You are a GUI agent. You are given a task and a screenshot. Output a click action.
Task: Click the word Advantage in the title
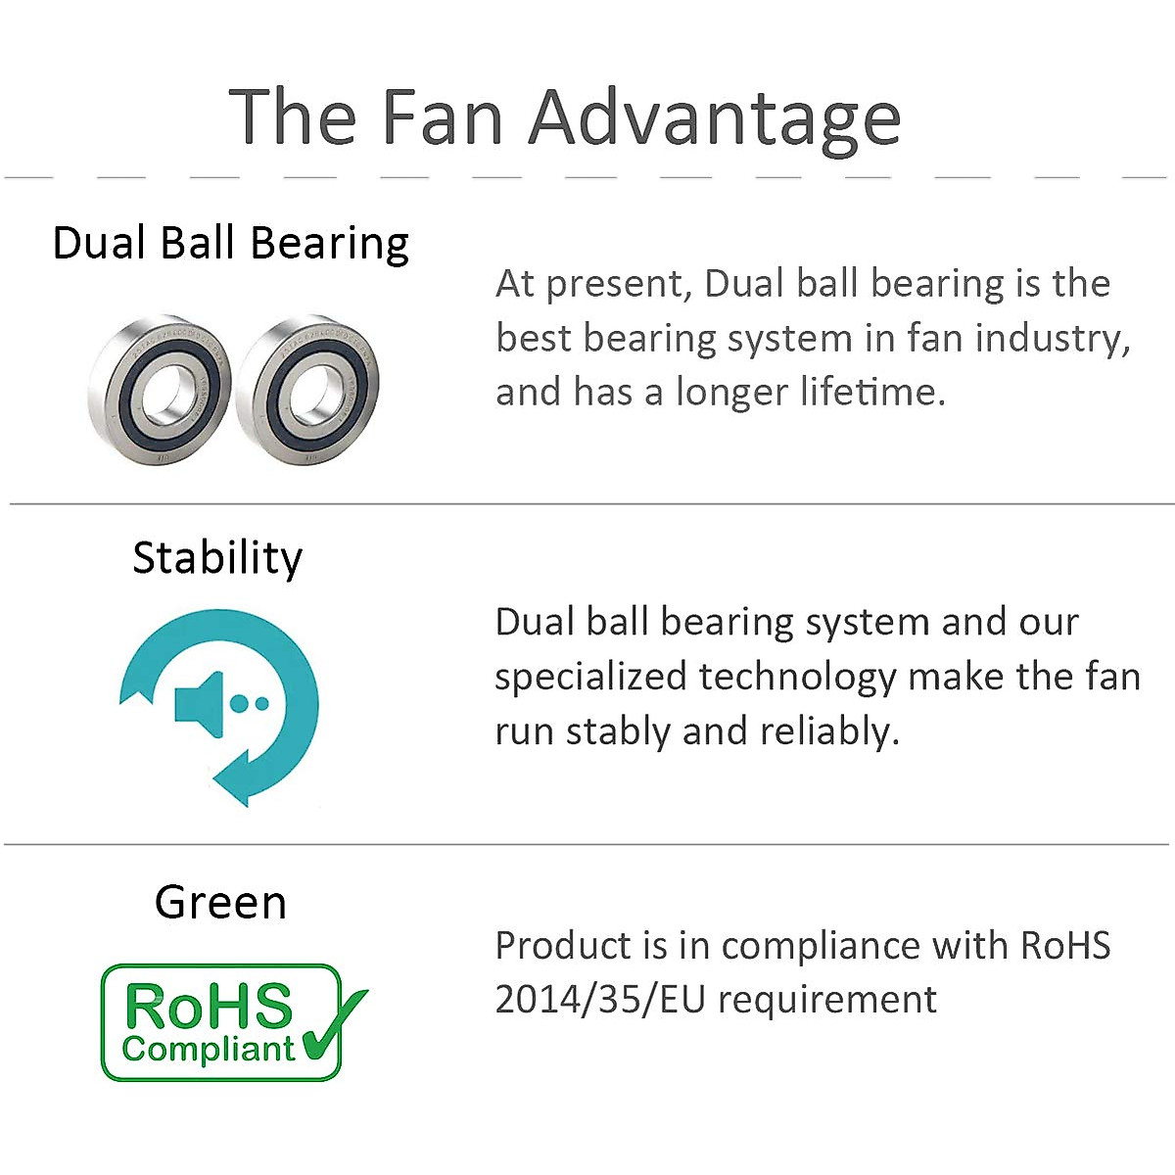click(715, 118)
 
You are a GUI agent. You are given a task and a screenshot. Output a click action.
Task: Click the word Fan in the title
click(442, 117)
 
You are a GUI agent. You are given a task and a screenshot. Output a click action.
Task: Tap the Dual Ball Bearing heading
click(230, 243)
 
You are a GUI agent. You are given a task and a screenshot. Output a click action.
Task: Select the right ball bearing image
click(307, 390)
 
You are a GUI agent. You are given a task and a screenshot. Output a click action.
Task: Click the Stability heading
click(217, 558)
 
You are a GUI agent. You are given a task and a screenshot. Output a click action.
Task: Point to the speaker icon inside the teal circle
click(201, 703)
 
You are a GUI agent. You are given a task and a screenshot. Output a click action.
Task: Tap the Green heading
click(220, 902)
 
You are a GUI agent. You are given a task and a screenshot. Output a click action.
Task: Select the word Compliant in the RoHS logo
click(208, 1049)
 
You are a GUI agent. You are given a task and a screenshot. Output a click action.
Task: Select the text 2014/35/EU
click(599, 1000)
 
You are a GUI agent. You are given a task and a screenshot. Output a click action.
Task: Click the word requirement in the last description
click(827, 1000)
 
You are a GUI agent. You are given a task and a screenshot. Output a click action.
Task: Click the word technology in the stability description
click(798, 677)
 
